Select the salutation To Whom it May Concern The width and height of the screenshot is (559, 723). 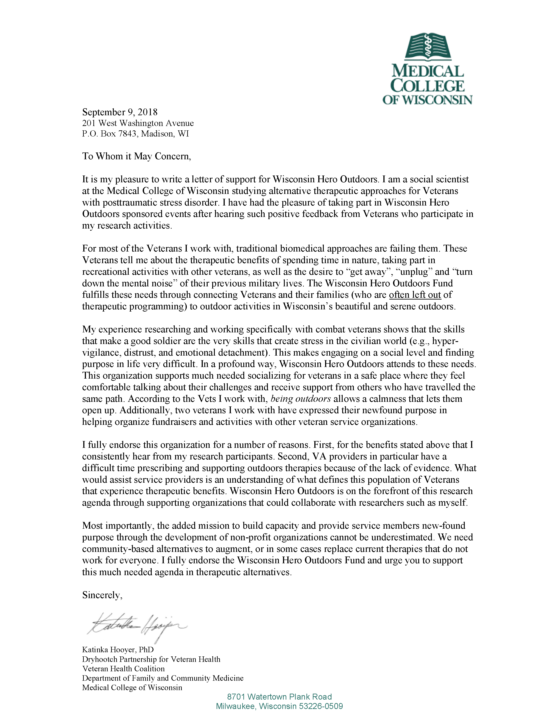click(x=136, y=156)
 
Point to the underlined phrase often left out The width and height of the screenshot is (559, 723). click(x=415, y=295)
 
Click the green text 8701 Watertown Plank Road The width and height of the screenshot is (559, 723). click(x=279, y=697)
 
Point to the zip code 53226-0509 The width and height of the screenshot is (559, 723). click(x=320, y=706)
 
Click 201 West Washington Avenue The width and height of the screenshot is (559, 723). click(x=138, y=123)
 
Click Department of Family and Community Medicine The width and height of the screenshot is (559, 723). click(x=163, y=678)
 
